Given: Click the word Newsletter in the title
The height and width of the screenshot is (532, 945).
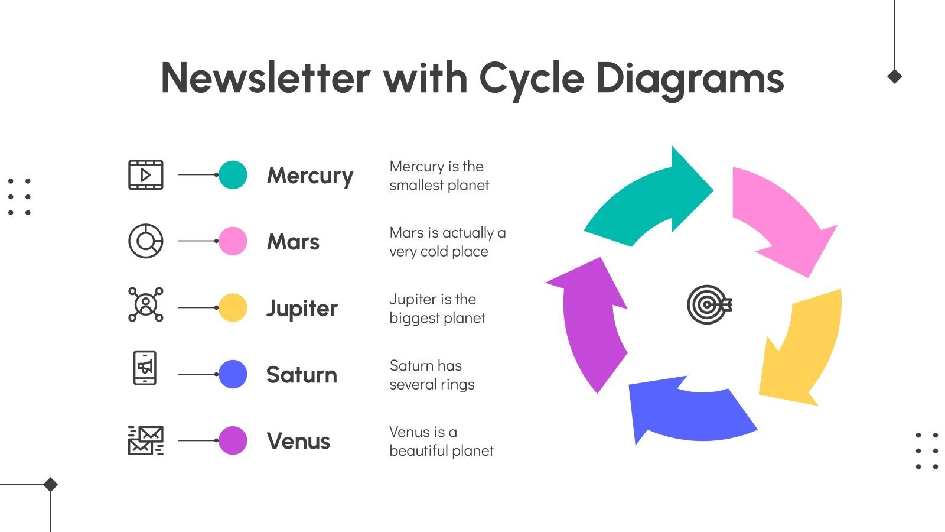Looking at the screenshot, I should (x=265, y=78).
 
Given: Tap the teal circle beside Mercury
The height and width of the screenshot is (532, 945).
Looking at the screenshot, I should (x=233, y=175).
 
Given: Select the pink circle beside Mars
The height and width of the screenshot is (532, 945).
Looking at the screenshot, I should (x=233, y=241).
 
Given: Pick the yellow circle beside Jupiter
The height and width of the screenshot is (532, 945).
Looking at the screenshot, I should (x=233, y=308).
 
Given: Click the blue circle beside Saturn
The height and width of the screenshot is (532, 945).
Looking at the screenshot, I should (x=233, y=374).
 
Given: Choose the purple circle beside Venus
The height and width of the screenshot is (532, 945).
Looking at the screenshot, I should (x=233, y=440).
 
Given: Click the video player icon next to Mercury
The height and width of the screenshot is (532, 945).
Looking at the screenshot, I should (x=146, y=175).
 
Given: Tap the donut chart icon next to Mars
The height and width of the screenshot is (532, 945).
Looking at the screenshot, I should (x=146, y=241).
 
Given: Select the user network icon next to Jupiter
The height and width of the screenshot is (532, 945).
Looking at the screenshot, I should (x=146, y=304).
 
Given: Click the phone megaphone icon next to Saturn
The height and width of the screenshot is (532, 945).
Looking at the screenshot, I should (x=145, y=368).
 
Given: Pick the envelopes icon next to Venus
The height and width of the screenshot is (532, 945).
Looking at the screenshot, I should (x=146, y=440).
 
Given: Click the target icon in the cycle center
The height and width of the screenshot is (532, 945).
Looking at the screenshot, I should (x=709, y=305).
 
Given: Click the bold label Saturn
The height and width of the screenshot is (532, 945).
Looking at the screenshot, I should (x=301, y=375).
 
